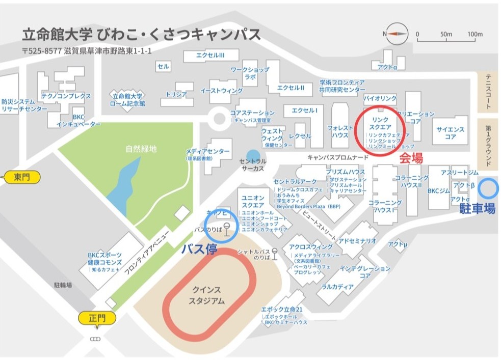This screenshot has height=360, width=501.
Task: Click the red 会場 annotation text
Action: click(411, 158)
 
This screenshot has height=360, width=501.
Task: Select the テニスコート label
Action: click(488, 92)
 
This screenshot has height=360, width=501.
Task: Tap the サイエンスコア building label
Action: click(450, 133)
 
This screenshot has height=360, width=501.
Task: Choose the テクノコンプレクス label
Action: click(66, 96)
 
